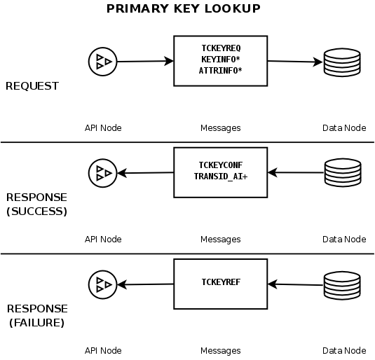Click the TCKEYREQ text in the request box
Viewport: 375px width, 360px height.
pos(221,49)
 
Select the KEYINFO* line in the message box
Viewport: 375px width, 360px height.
pos(221,60)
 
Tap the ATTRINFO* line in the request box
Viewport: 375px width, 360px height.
pos(221,71)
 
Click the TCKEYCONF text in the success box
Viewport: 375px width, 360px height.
pos(221,165)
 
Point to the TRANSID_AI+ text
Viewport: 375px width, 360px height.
pos(221,176)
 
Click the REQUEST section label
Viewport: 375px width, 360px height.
pos(32,86)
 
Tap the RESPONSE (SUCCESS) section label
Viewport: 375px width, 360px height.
pos(36,204)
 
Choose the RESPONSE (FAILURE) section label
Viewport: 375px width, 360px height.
pos(36,315)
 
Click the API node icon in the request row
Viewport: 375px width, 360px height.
pos(102,62)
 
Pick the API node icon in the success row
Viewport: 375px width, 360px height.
pos(102,172)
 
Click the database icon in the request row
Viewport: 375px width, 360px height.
pos(341,63)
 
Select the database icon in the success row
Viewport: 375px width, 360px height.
pos(341,172)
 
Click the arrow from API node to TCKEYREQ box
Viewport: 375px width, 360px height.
pos(144,62)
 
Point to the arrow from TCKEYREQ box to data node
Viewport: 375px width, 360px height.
pos(294,62)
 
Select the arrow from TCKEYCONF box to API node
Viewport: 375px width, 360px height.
pos(145,172)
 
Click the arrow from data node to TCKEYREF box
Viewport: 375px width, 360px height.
pos(295,284)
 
